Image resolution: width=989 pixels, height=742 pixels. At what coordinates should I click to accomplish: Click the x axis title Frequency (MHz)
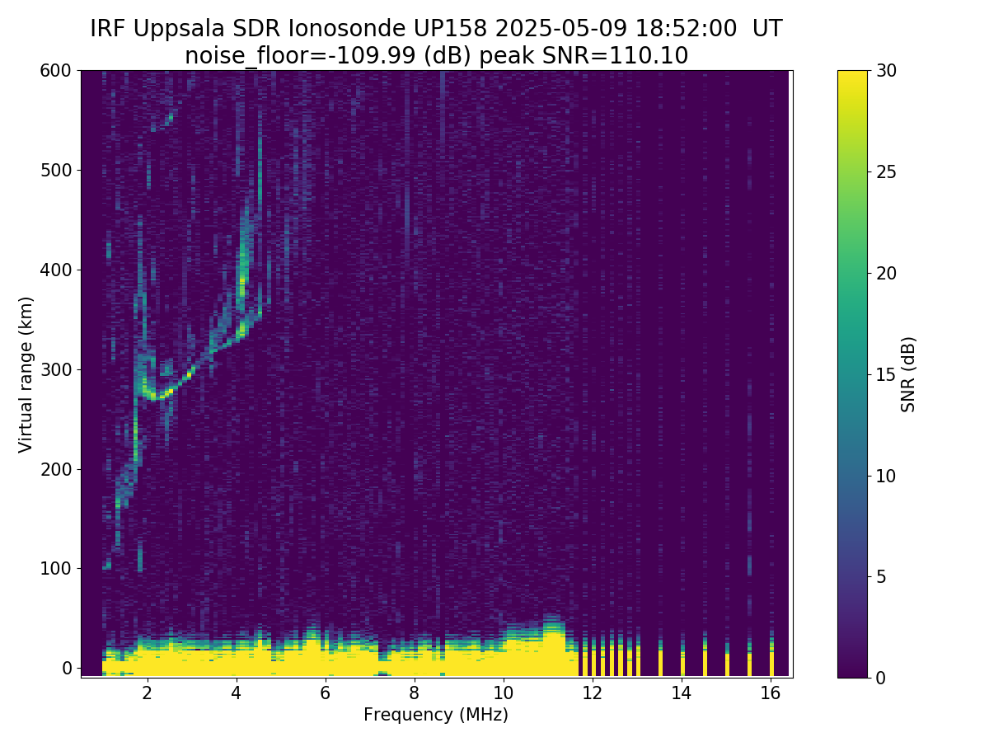click(436, 715)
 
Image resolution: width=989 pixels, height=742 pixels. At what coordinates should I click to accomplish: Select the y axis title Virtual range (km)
click(26, 373)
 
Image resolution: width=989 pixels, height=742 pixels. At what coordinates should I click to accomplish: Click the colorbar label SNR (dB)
click(908, 373)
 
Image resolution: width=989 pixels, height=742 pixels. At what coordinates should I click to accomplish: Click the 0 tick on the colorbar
click(880, 678)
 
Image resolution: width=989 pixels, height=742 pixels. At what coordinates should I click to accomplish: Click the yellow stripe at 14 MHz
click(682, 664)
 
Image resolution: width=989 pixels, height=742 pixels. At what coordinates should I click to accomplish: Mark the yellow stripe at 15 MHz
click(727, 664)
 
